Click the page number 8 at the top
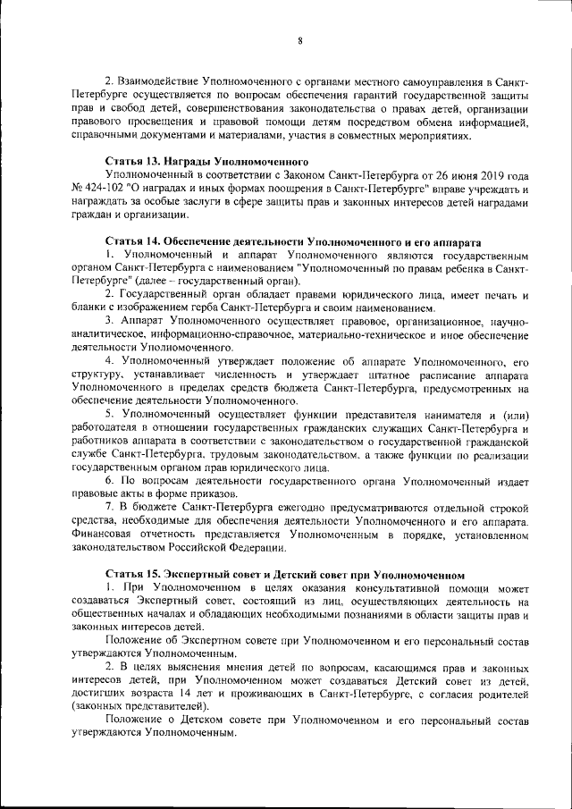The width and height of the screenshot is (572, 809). (x=300, y=40)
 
